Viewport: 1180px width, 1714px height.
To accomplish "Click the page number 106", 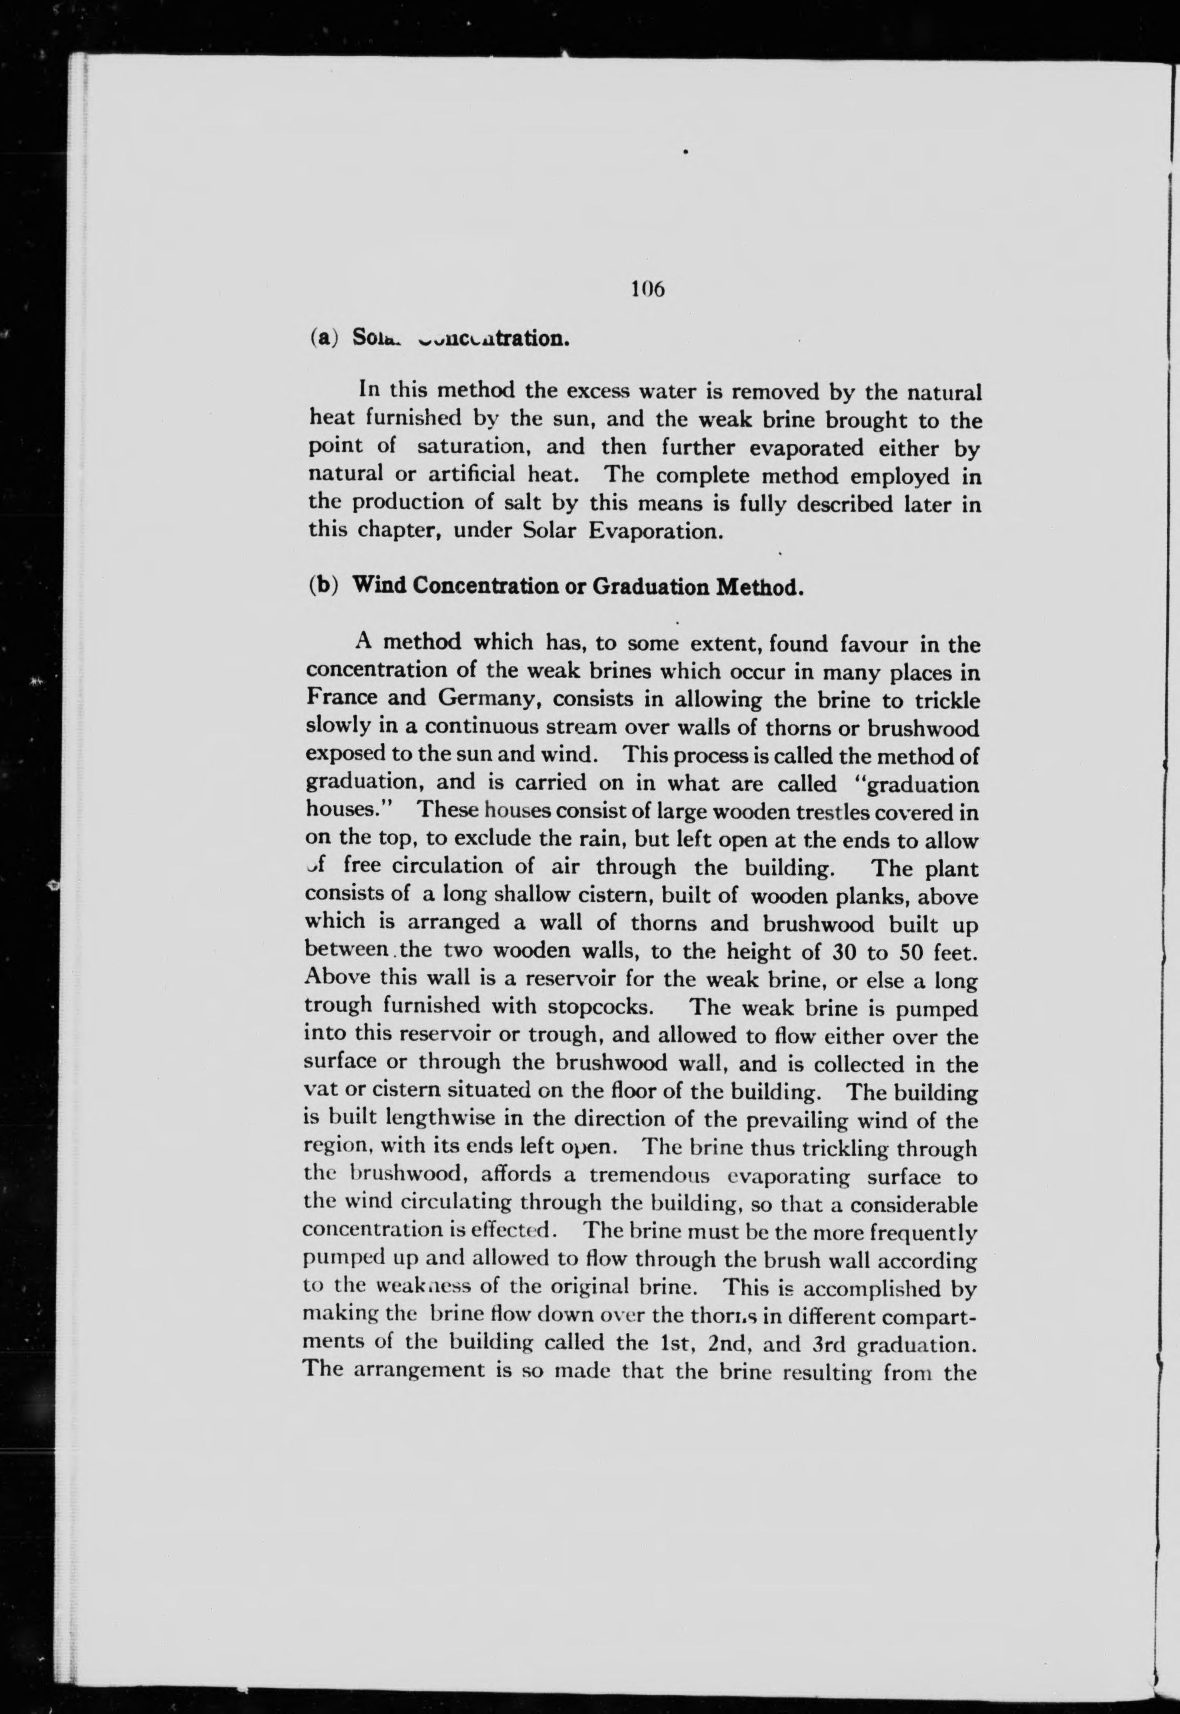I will pyautogui.click(x=648, y=289).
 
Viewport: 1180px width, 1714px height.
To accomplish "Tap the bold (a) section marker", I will pyautogui.click(x=324, y=338).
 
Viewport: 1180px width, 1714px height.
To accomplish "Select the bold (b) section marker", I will pyautogui.click(x=324, y=585).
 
